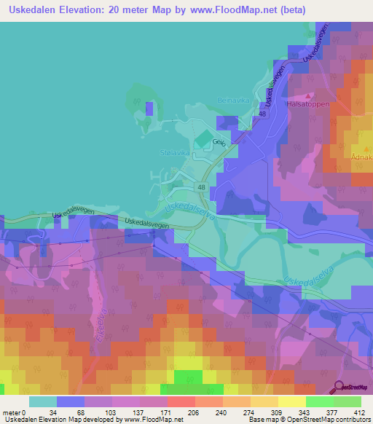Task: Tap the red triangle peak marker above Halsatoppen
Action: click(x=310, y=95)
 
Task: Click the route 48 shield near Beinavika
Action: click(x=262, y=114)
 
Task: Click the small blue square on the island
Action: click(x=149, y=109)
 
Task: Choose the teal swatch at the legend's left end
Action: click(x=42, y=401)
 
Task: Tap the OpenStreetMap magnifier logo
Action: click(x=339, y=388)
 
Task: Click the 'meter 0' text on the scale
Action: click(x=13, y=412)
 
